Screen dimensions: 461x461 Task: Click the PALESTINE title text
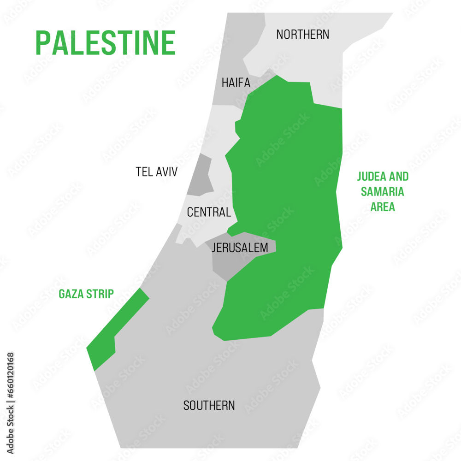click(106, 43)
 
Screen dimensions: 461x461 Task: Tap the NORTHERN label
click(303, 34)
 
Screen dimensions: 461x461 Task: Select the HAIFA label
click(236, 83)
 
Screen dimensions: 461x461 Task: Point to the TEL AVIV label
click(157, 172)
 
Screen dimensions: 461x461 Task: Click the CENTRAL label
click(209, 213)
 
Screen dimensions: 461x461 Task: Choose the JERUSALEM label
click(240, 248)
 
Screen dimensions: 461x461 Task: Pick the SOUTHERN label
click(209, 406)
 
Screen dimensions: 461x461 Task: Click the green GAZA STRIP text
click(86, 294)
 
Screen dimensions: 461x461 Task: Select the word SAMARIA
click(383, 192)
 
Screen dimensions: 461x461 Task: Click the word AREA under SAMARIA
click(383, 207)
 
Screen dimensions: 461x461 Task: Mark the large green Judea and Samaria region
click(286, 194)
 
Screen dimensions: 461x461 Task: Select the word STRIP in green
click(100, 294)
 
